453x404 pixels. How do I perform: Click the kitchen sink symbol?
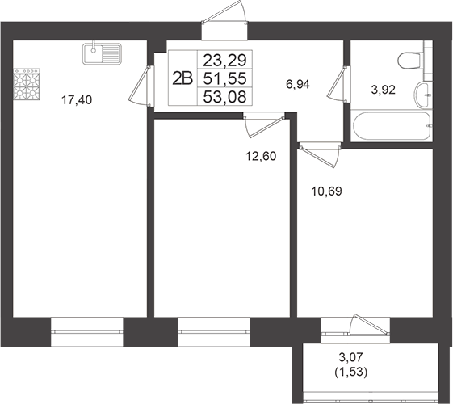pyautogui.click(x=102, y=54)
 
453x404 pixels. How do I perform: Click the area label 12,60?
pyautogui.click(x=259, y=156)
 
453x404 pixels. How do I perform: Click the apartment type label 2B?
pyautogui.click(x=182, y=78)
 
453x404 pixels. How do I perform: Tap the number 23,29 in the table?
pyautogui.click(x=226, y=59)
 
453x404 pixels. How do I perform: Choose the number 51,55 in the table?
pyautogui.click(x=226, y=78)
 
